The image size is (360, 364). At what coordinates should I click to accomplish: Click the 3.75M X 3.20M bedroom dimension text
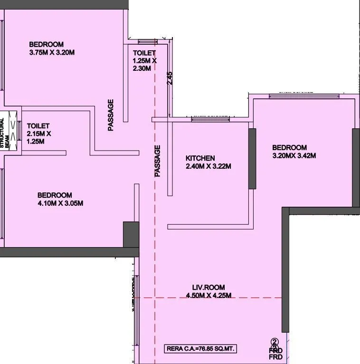point(52,52)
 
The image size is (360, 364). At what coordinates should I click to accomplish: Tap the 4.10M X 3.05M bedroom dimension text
point(60,203)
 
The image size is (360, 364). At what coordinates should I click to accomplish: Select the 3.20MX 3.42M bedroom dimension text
point(294,155)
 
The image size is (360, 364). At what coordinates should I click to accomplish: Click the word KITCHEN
point(200,158)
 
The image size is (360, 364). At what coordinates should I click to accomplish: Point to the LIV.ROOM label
point(208,287)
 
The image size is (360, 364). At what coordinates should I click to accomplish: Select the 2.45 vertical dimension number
point(170,78)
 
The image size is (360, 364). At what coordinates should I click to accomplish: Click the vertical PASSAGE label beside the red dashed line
point(158,161)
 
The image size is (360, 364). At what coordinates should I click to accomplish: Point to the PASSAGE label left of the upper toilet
point(111,115)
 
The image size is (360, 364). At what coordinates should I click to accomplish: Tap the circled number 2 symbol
point(275,341)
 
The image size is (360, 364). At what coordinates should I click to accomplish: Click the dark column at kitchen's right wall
point(252,158)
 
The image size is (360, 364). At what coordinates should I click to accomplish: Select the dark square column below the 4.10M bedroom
point(131,234)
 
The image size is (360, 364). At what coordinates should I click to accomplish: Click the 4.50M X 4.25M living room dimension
point(208,295)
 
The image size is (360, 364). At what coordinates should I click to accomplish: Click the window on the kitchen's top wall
point(209,117)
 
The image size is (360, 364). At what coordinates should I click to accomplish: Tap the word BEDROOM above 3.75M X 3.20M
point(46,44)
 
